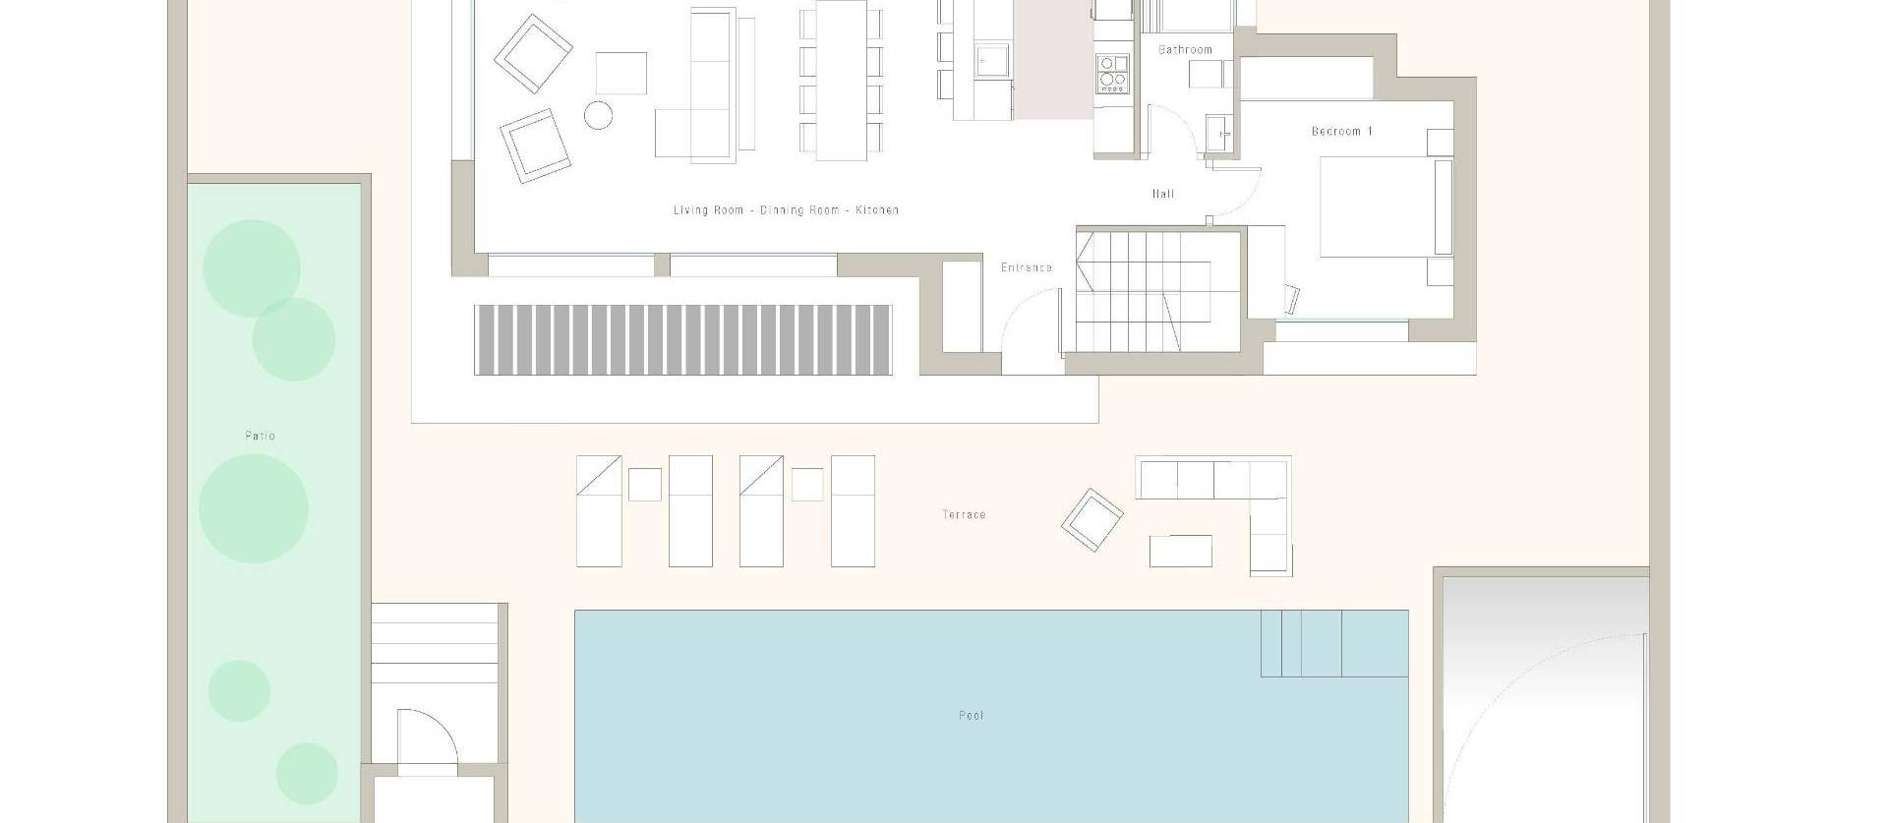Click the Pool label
[x=971, y=715]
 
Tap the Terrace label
[x=964, y=514]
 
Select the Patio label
[x=260, y=436]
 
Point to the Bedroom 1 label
[x=1341, y=131]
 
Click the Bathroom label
[x=1185, y=49]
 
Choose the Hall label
[x=1163, y=194]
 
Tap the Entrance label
[x=1027, y=267]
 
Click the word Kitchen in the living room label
[x=877, y=210]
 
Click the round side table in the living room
[x=598, y=115]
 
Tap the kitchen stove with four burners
[x=1113, y=73]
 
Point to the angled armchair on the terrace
[x=1091, y=520]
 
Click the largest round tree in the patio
[x=254, y=508]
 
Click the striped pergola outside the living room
[x=682, y=339]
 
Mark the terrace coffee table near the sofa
[x=1180, y=551]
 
